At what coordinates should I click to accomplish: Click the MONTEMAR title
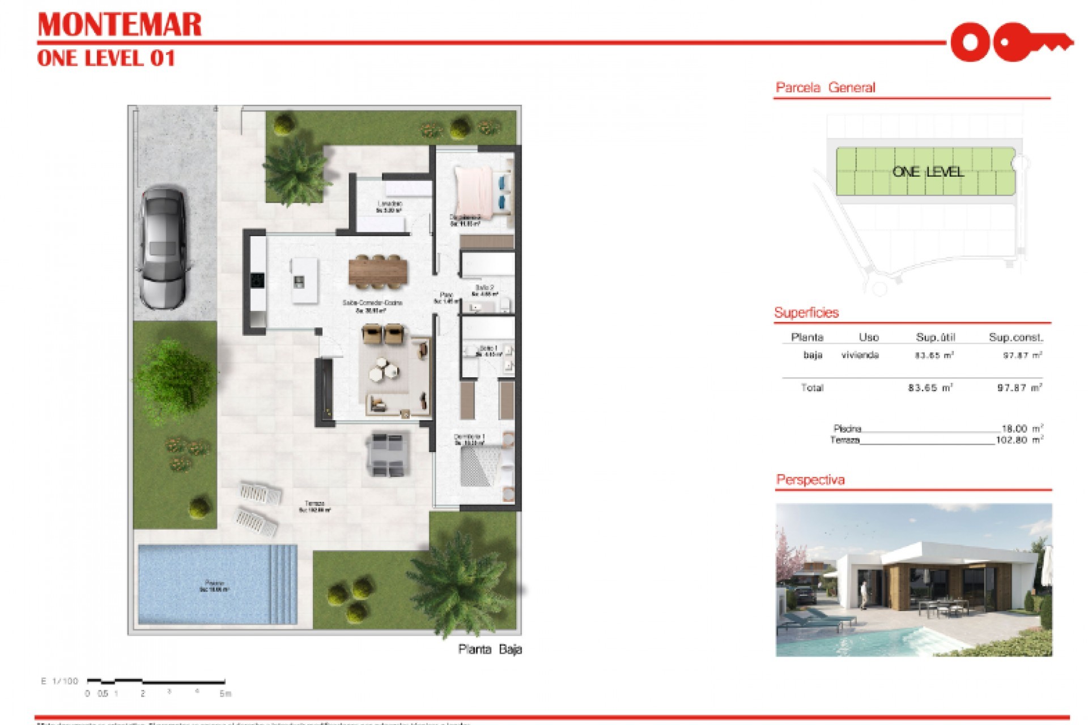tap(119, 25)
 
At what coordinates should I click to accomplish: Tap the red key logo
tap(1011, 42)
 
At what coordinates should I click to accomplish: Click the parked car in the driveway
tap(163, 248)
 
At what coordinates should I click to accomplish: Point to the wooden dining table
tap(378, 270)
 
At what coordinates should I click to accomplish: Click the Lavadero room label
tap(389, 204)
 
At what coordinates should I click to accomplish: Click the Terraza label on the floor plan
tap(314, 504)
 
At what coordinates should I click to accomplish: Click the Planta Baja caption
tap(490, 650)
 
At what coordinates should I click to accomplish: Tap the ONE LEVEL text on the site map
tap(928, 172)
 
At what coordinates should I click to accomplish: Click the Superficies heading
tap(806, 313)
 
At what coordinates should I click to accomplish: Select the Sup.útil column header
tap(935, 338)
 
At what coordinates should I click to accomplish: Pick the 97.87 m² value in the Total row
tap(1019, 388)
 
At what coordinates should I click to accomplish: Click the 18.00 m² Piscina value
tap(1019, 429)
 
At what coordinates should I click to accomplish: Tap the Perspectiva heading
tap(810, 480)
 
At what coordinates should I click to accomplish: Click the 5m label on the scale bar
tap(225, 693)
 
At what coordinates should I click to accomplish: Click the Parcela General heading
tap(825, 88)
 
